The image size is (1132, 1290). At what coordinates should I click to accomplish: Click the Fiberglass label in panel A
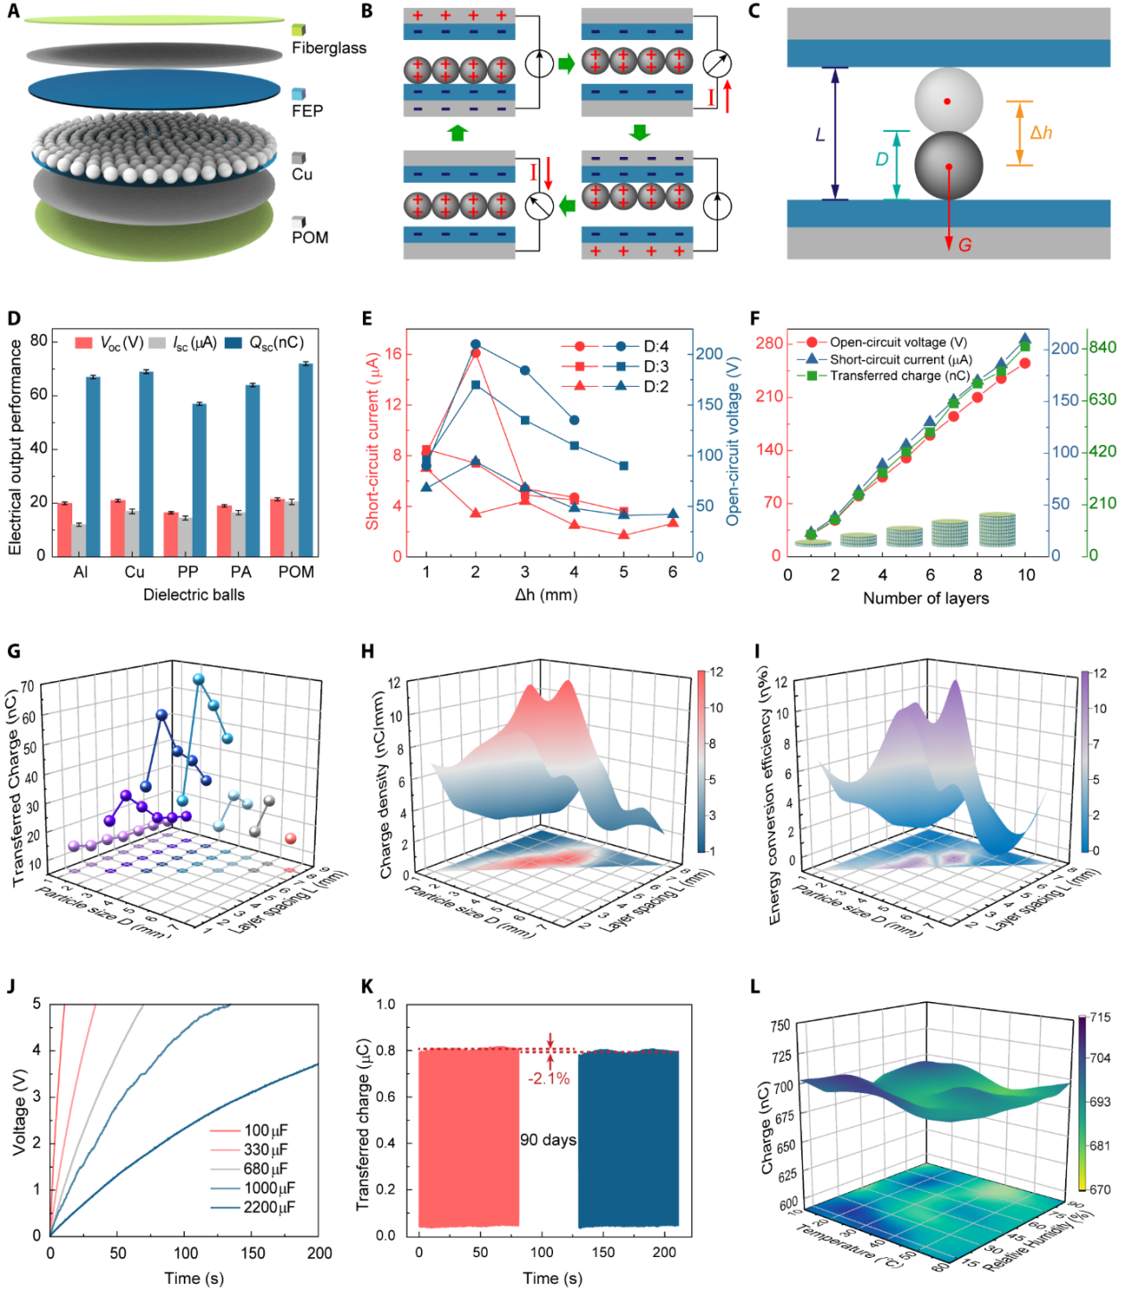328,48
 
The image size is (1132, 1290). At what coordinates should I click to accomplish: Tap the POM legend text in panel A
310,238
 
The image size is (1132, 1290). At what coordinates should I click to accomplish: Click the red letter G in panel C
964,245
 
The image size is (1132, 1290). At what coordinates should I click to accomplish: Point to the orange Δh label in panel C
1041,133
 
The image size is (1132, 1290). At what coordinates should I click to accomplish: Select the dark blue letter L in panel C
821,136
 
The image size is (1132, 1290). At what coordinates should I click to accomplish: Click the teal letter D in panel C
881,160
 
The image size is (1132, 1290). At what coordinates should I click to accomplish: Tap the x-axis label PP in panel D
187,572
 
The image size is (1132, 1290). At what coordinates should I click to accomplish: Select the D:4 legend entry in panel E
656,347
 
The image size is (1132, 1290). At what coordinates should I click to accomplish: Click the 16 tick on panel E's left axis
392,354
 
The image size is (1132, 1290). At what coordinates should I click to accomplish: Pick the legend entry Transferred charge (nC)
899,376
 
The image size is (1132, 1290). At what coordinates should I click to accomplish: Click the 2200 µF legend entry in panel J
269,1208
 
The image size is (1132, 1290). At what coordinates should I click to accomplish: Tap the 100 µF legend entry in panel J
266,1131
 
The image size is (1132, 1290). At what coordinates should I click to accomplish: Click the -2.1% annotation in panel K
549,1079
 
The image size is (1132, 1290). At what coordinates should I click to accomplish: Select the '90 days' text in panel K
548,1140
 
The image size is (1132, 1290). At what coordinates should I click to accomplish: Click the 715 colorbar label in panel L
1100,1018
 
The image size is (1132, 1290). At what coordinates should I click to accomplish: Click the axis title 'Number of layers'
925,598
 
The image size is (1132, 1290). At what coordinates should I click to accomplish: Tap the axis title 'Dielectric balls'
194,595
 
